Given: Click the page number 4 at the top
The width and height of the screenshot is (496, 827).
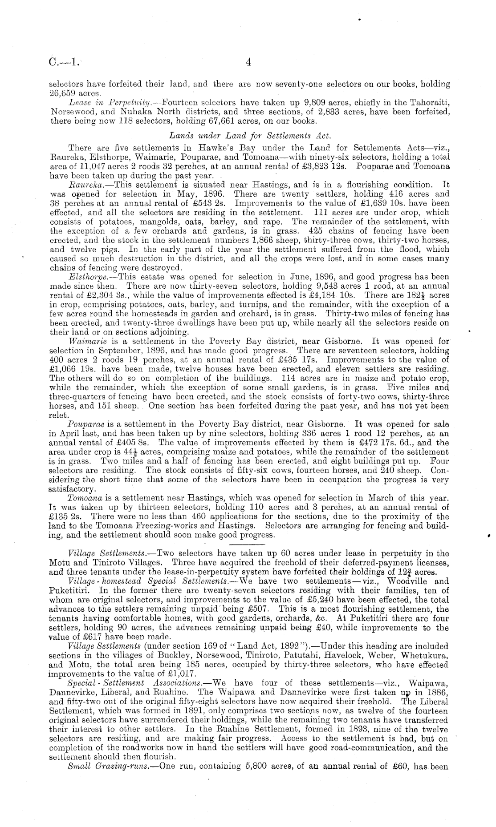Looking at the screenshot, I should pyautogui.click(x=248, y=63).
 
